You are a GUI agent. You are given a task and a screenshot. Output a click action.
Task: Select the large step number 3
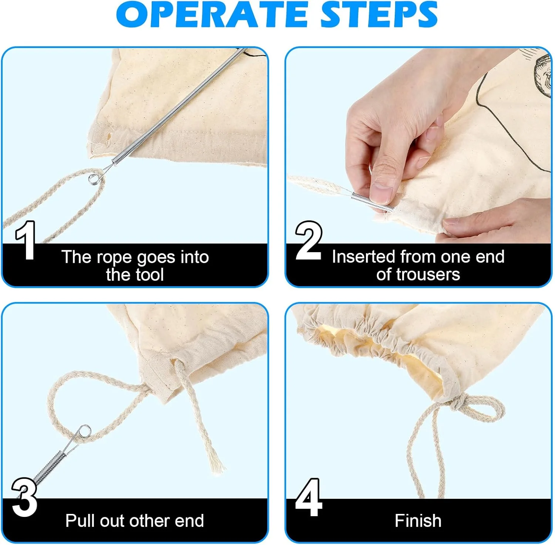(x=24, y=497)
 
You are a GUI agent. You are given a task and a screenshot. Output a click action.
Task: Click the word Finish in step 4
(x=418, y=521)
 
